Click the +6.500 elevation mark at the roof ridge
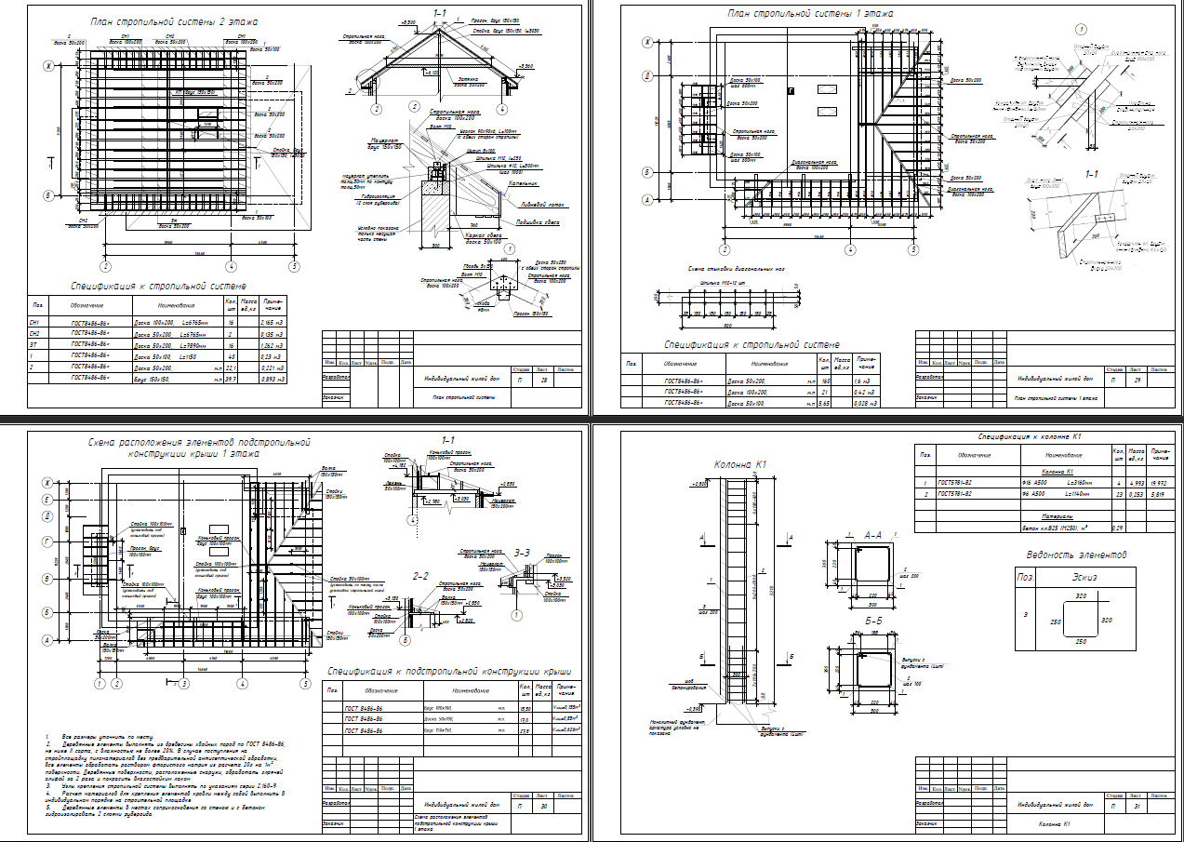(x=407, y=21)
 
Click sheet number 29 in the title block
(x=1137, y=381)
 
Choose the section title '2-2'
(x=420, y=575)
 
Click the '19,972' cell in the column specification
(x=1152, y=484)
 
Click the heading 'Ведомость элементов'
(x=1076, y=555)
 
